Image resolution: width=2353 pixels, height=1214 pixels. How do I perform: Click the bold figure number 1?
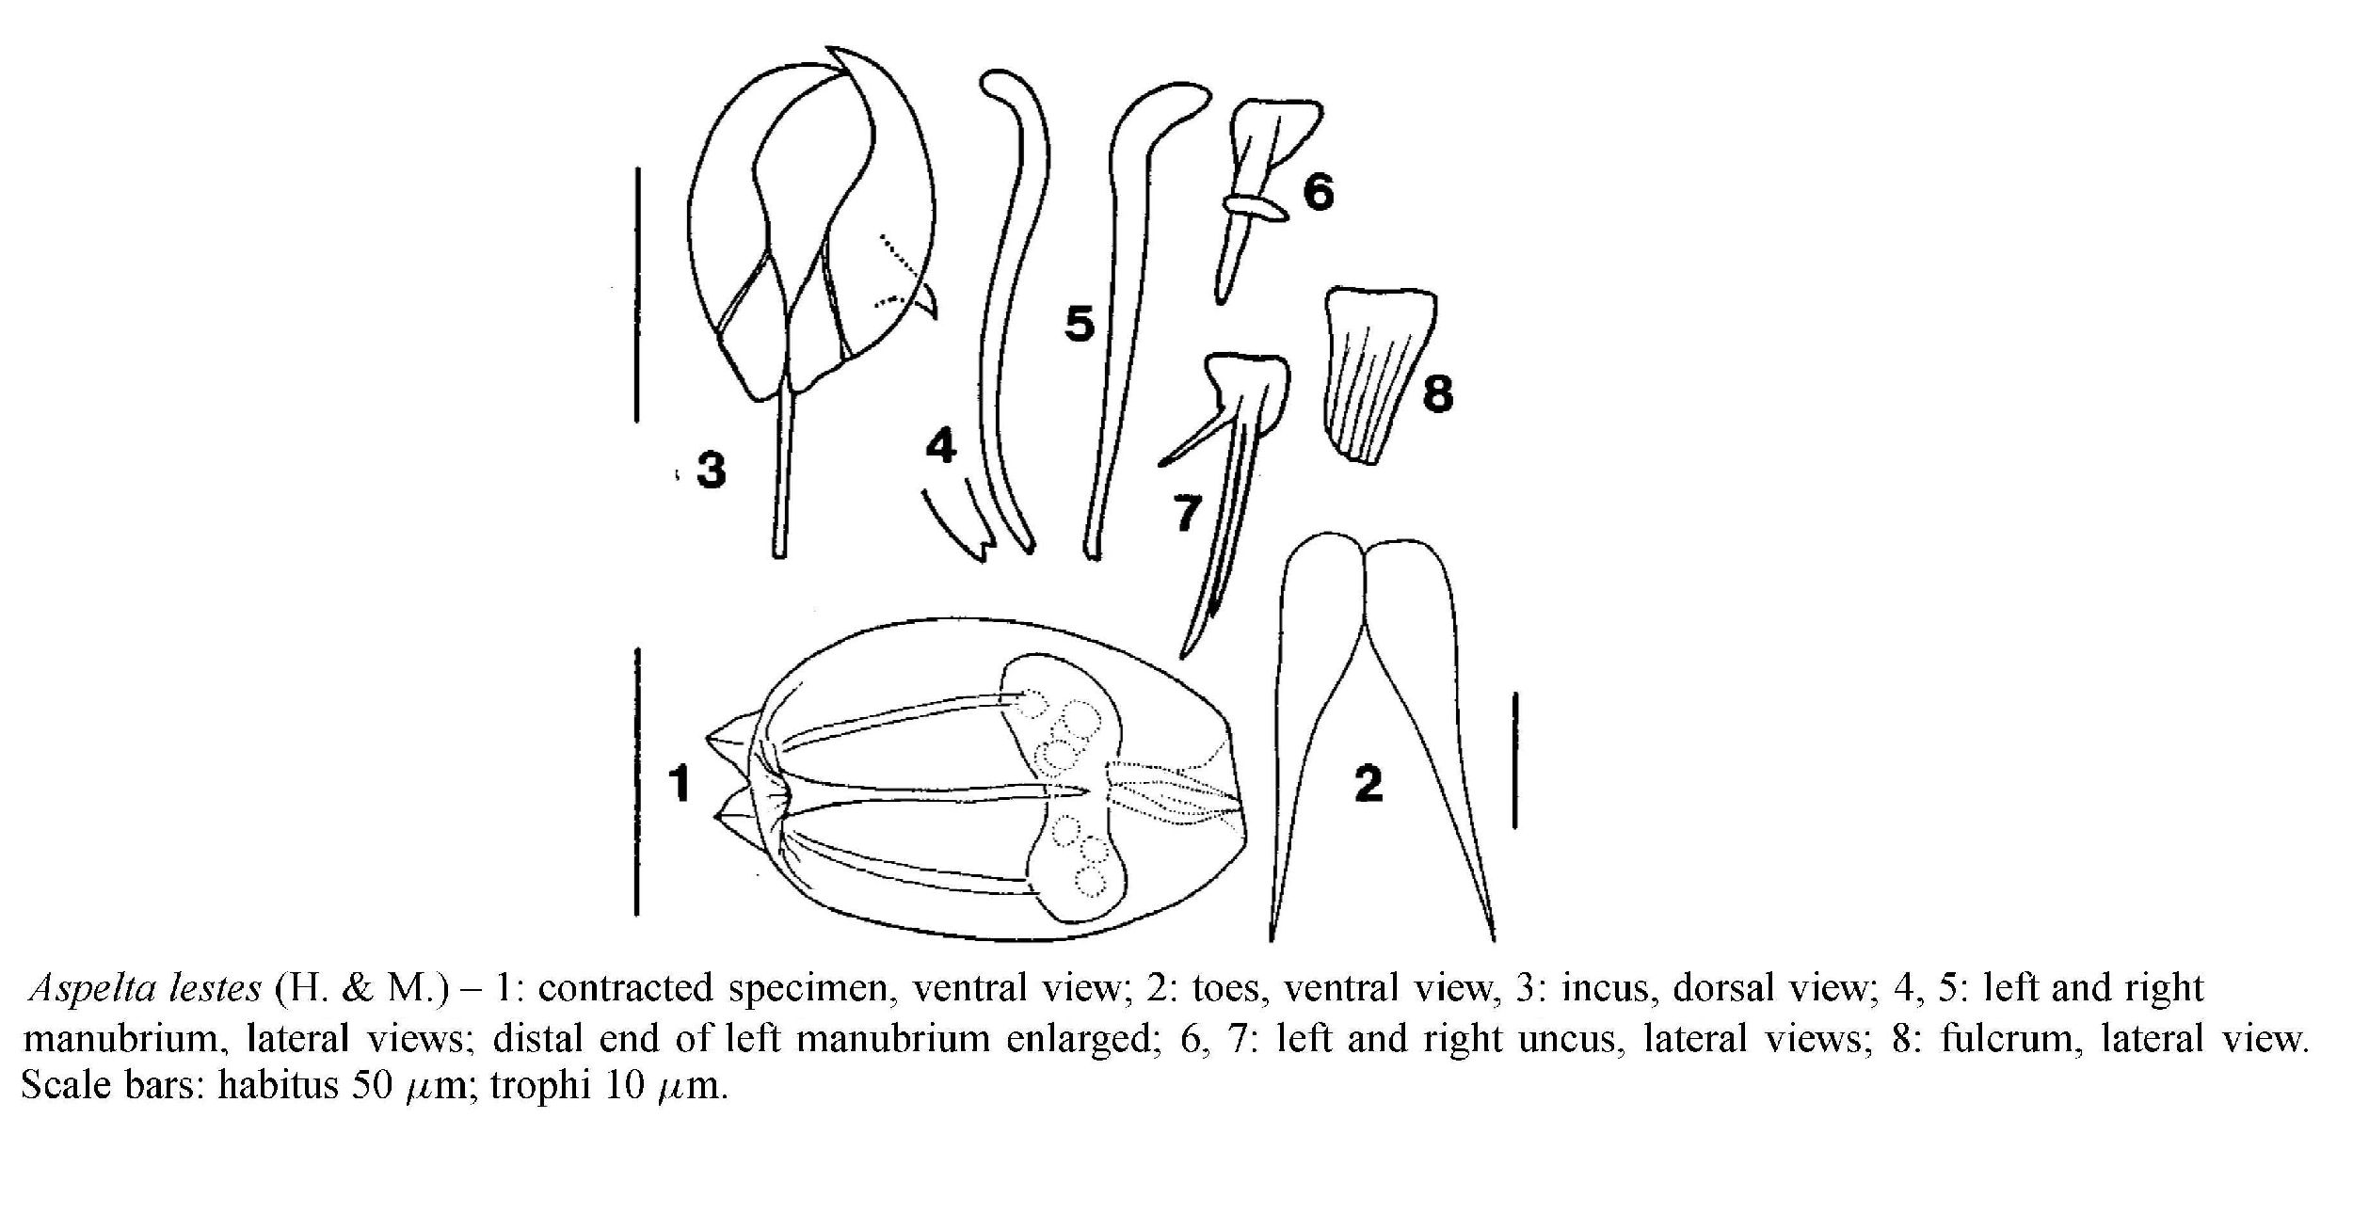pos(680,784)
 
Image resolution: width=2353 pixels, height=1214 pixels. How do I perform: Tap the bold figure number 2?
pos(1369,783)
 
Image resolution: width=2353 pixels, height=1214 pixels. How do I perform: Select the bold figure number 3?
pos(712,469)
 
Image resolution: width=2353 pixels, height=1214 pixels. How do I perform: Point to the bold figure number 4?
pos(940,445)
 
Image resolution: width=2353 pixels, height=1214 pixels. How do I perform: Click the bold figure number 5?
pos(1080,324)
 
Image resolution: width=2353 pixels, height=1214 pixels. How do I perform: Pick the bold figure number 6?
pos(1318,192)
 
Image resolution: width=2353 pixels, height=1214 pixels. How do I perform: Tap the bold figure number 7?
pos(1187,514)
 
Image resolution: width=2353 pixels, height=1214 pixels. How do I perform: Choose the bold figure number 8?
pos(1437,392)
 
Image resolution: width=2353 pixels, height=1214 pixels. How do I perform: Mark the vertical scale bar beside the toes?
pos(1514,760)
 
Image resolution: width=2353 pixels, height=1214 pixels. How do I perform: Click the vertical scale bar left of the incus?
pos(637,295)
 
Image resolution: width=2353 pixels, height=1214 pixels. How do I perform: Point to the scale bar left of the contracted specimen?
pos(637,781)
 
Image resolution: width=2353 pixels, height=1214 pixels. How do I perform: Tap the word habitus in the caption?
pos(278,1085)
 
